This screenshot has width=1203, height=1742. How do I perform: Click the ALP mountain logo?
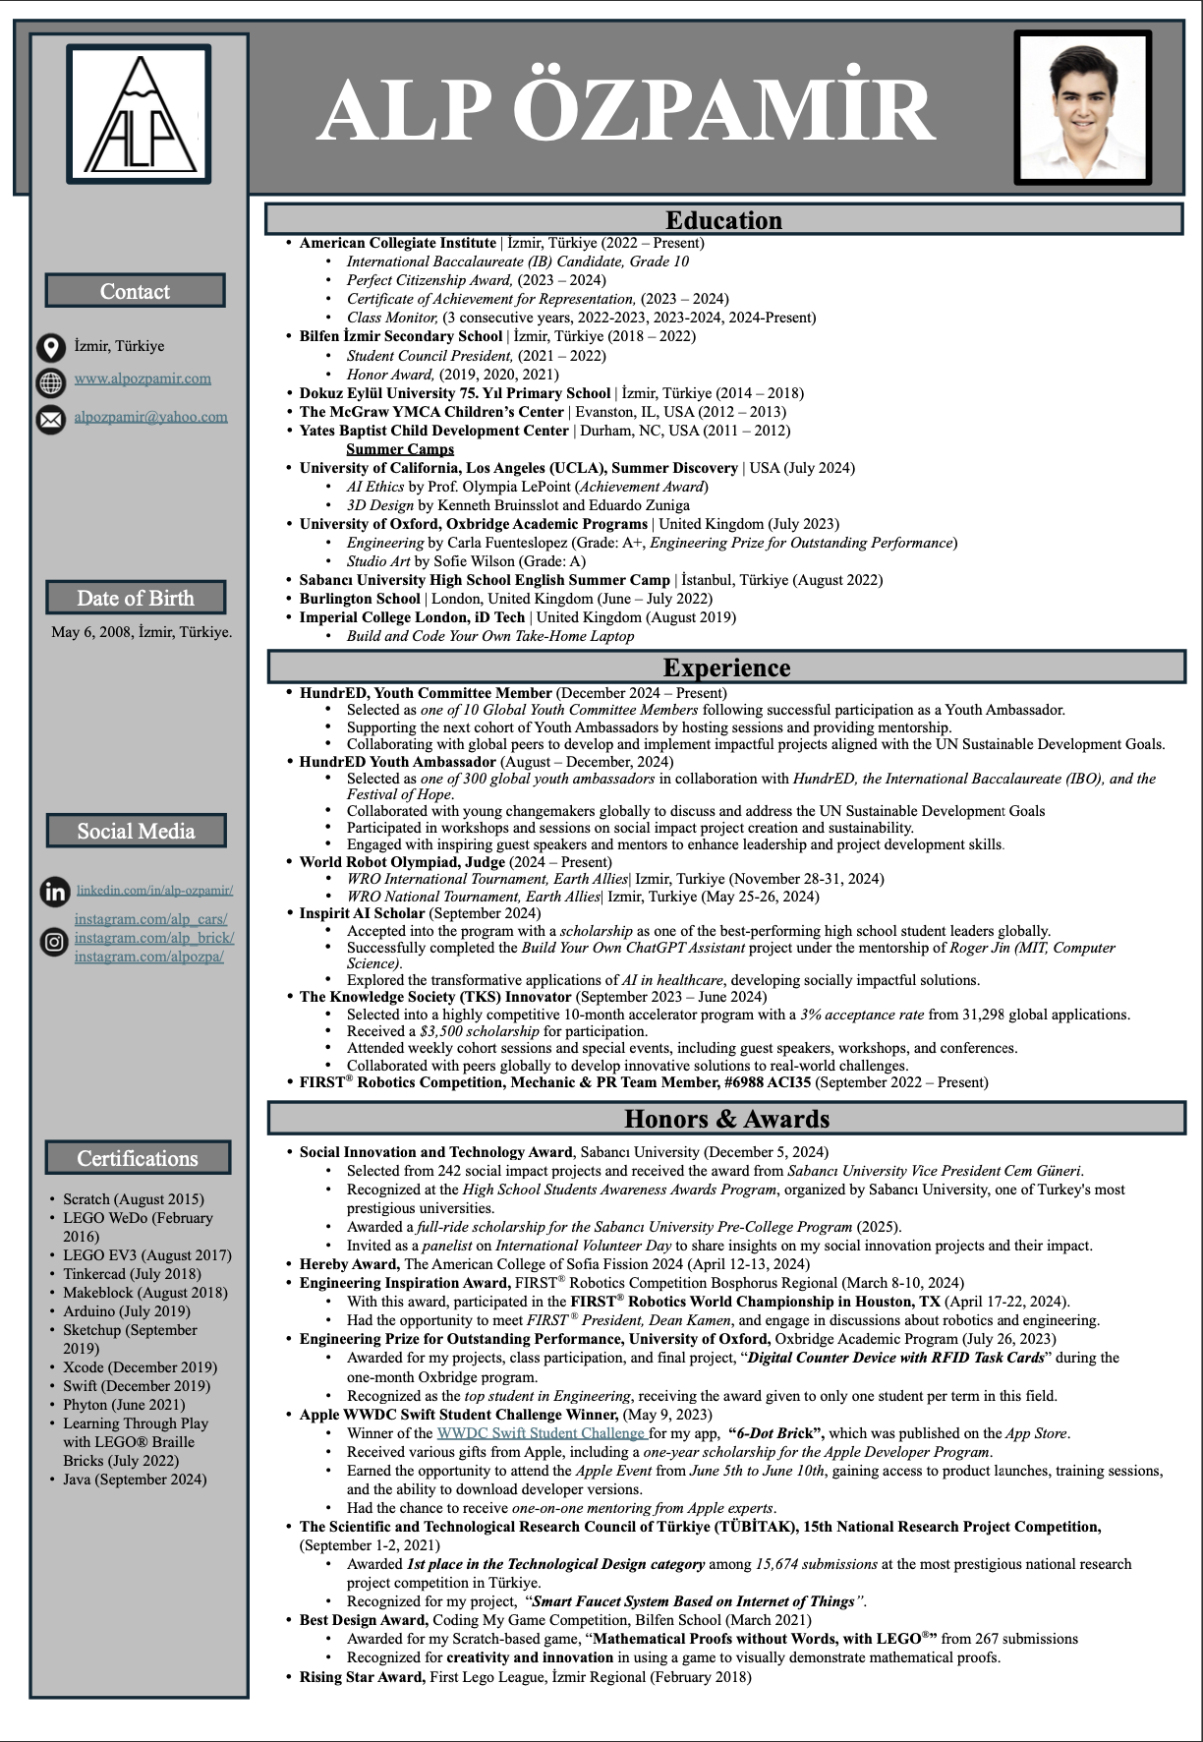click(x=139, y=114)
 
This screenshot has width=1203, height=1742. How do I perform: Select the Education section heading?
click(x=723, y=219)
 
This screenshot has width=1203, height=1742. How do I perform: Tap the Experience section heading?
click(x=726, y=668)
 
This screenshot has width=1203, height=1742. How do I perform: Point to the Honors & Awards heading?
click(x=726, y=1119)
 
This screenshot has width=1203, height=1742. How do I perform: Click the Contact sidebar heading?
click(x=135, y=291)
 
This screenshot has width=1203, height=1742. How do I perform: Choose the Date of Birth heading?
click(x=136, y=598)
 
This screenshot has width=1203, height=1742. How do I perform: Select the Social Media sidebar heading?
click(x=136, y=831)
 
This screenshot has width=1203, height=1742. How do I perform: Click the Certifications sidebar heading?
click(x=138, y=1158)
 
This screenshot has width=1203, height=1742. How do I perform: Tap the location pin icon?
click(x=50, y=347)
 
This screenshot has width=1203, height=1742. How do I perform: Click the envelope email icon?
click(x=50, y=420)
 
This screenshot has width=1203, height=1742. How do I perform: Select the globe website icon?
click(x=50, y=381)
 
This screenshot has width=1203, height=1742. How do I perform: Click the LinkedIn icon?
click(x=55, y=892)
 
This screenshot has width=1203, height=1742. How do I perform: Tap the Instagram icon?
click(x=54, y=941)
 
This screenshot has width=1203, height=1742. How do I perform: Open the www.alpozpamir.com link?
click(x=143, y=378)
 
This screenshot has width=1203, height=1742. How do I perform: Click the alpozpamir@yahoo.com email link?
click(x=150, y=417)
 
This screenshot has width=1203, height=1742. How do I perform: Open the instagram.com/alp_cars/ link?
click(x=150, y=919)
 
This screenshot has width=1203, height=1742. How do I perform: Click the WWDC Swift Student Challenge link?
click(x=542, y=1433)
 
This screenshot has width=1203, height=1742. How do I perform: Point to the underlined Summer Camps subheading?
click(x=400, y=449)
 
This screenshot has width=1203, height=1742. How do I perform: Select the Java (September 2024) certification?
click(x=135, y=1480)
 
